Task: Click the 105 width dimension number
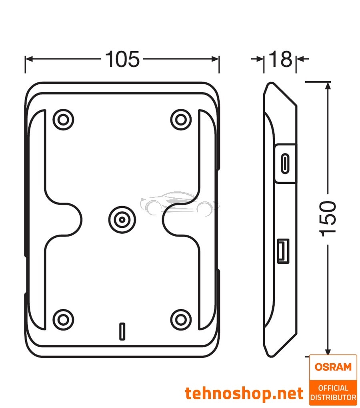[x=122, y=60]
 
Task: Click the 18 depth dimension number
[x=280, y=60]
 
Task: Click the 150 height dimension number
[x=328, y=218]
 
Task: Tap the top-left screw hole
[x=63, y=119]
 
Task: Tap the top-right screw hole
[x=180, y=119]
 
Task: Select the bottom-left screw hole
[x=63, y=319]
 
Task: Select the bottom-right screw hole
[x=180, y=319]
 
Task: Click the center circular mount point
[x=122, y=219]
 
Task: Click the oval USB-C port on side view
[x=285, y=163]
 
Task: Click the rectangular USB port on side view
[x=283, y=251]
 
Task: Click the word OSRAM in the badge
[x=333, y=366]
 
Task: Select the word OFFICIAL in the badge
[x=333, y=388]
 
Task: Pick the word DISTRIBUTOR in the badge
[x=333, y=397]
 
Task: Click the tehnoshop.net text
[x=244, y=394]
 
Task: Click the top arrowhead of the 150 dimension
[x=328, y=85]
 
